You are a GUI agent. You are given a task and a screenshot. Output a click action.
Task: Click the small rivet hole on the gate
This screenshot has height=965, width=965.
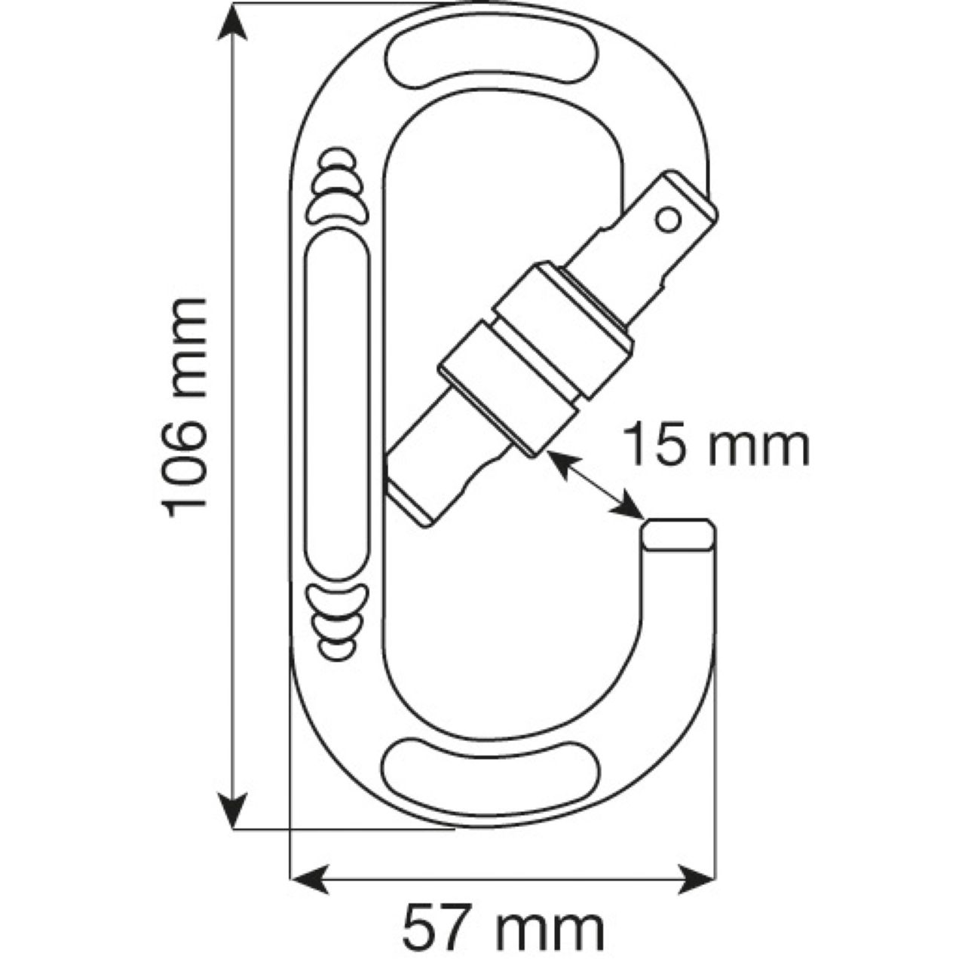[x=666, y=219]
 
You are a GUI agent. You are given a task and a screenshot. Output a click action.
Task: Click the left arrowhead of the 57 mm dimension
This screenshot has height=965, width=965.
[x=309, y=878]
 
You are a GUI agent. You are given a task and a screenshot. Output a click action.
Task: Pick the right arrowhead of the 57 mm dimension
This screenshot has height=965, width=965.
[x=697, y=878]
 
